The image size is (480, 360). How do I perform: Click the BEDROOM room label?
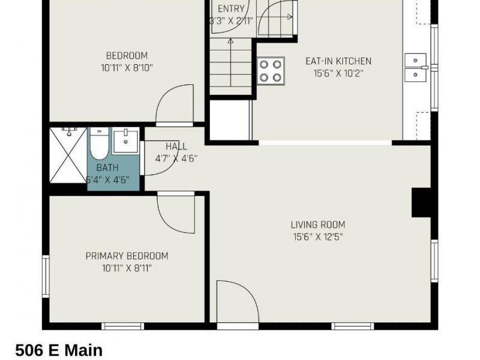click(127, 56)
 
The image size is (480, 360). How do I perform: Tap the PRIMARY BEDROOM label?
click(127, 256)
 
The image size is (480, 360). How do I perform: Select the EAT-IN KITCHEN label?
click(338, 61)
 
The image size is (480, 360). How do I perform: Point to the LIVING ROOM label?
click(318, 225)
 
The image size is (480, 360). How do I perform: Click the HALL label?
click(176, 146)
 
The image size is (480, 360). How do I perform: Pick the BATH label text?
click(107, 167)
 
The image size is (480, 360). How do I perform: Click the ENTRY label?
click(231, 8)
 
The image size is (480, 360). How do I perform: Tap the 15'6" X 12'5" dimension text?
click(318, 236)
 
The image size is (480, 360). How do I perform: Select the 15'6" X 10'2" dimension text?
click(338, 73)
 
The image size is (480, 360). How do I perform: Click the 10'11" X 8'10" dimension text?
click(127, 68)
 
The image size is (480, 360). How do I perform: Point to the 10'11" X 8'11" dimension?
click(127, 268)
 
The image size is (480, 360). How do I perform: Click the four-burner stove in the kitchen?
click(271, 70)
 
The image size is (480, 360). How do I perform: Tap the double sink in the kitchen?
click(415, 67)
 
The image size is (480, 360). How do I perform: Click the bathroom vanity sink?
click(126, 140)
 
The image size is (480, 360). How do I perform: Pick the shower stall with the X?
click(68, 155)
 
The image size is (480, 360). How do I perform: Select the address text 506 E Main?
click(59, 350)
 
